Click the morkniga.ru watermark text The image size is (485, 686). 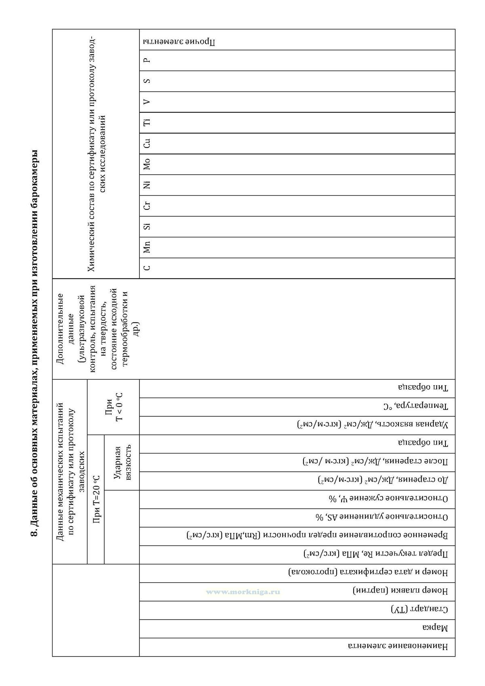pyautogui.click(x=243, y=592)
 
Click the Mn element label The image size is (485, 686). pyautogui.click(x=147, y=247)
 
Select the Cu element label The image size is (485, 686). pyautogui.click(x=147, y=143)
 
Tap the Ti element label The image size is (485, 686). pyautogui.click(x=147, y=122)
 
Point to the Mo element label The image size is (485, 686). pyautogui.click(x=147, y=164)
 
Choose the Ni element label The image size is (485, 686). pyautogui.click(x=147, y=185)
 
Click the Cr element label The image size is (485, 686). pyautogui.click(x=147, y=205)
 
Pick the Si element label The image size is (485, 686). pyautogui.click(x=147, y=226)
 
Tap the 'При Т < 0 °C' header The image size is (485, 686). pyautogui.click(x=114, y=407)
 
